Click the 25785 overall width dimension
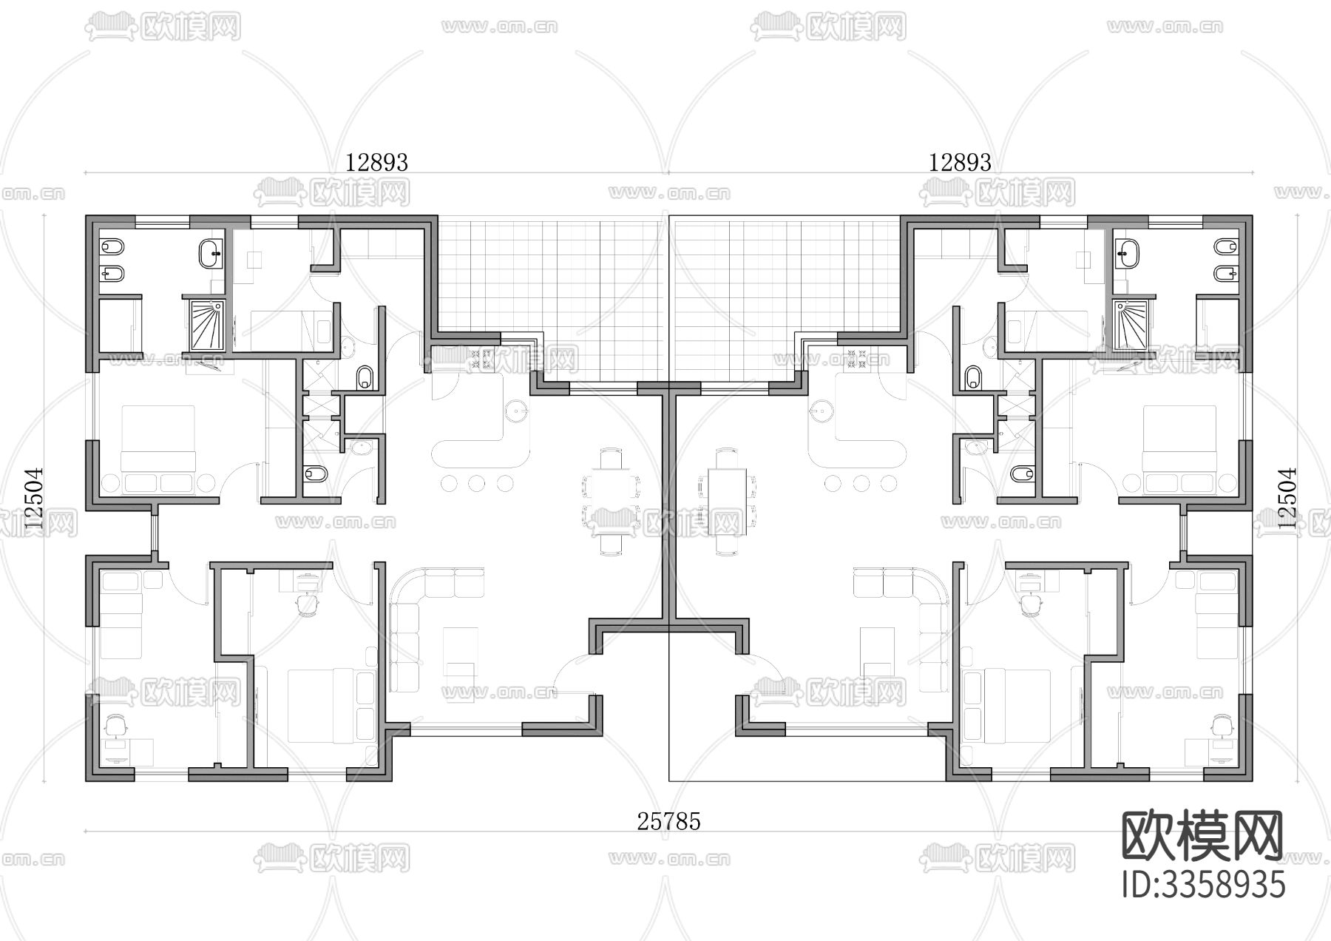tap(668, 821)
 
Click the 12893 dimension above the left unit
tap(377, 162)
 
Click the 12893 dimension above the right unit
tap(960, 162)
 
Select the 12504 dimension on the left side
tap(34, 497)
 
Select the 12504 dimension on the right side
tap(1287, 497)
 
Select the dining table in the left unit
tap(611, 501)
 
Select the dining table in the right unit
tap(727, 501)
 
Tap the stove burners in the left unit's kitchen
tap(482, 359)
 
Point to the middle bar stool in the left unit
tap(476, 484)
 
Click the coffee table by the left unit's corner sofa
tap(461, 651)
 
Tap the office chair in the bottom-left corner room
tap(116, 726)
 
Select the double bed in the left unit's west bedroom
tap(158, 440)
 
